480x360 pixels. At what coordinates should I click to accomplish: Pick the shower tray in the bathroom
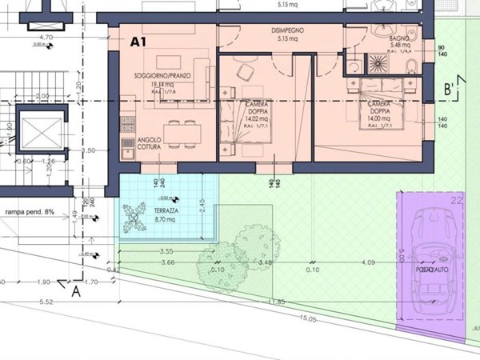(x=375, y=63)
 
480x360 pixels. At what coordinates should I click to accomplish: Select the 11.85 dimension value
(x=277, y=302)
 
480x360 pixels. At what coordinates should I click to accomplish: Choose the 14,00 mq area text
(x=378, y=118)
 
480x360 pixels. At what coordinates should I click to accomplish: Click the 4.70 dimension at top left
(x=46, y=37)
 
